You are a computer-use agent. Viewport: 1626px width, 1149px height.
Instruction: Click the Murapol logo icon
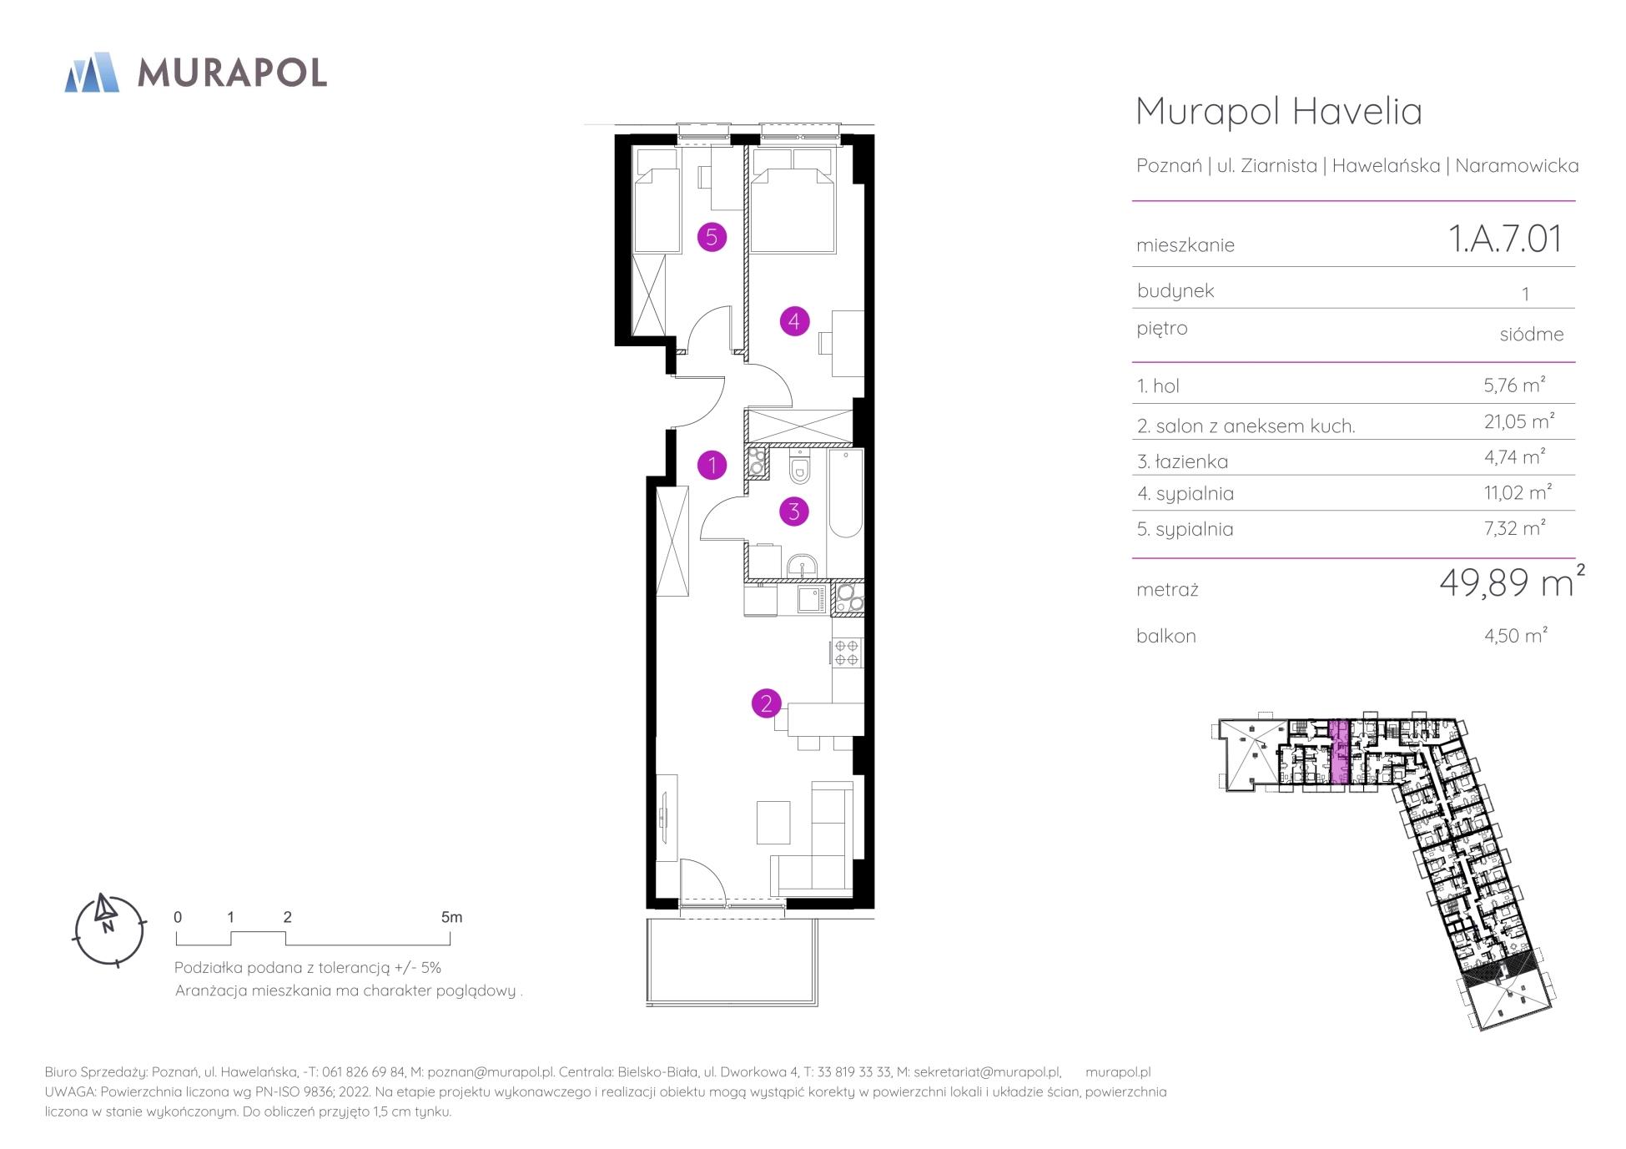[92, 72]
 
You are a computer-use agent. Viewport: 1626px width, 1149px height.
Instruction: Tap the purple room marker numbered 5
[712, 237]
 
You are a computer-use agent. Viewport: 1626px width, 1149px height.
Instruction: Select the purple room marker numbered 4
[794, 320]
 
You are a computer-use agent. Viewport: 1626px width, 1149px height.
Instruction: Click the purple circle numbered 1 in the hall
[712, 465]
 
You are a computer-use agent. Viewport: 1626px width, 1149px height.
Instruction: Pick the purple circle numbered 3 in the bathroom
[794, 511]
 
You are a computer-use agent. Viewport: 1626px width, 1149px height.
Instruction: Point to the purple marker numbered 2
[767, 703]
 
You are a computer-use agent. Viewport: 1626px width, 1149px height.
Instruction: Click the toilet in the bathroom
[799, 467]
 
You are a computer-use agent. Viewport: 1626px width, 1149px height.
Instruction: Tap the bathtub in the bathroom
[845, 494]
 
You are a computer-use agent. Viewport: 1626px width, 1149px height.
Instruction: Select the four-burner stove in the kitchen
[847, 653]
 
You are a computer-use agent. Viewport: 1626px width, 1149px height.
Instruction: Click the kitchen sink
[810, 599]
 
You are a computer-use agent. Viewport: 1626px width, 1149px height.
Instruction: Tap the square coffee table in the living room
[773, 822]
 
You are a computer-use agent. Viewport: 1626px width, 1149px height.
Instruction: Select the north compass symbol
[109, 930]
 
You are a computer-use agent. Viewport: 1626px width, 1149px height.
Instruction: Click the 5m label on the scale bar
[451, 917]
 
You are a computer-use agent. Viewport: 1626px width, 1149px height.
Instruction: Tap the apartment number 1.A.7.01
[1506, 239]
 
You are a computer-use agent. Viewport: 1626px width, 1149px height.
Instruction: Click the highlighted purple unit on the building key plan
[1338, 754]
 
